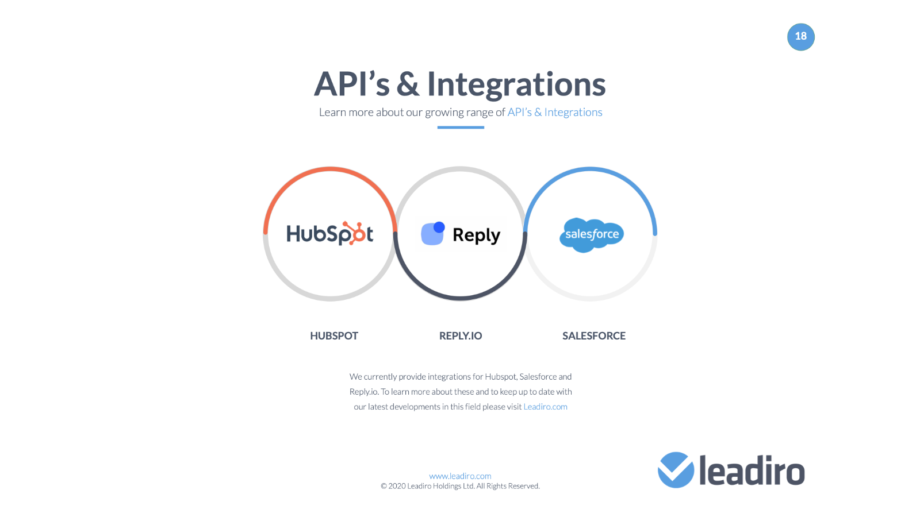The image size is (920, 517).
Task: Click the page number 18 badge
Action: point(800,37)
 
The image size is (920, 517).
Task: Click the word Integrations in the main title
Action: point(516,84)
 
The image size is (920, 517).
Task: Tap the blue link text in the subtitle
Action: point(554,112)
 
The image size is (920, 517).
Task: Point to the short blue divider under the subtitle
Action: point(461,127)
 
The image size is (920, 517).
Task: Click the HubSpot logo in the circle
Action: point(330,233)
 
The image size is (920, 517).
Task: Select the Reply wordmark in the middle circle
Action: point(477,236)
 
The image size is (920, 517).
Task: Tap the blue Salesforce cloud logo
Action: point(592,235)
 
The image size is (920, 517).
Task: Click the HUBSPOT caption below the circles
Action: point(334,335)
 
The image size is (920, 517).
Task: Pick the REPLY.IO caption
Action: point(461,335)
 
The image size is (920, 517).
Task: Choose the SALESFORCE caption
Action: point(594,335)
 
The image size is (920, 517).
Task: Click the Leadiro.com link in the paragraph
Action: point(546,407)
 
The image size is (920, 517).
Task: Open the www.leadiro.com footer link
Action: point(460,476)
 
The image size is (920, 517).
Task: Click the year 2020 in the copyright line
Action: point(397,486)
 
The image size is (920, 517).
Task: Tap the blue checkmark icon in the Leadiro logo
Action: point(676,470)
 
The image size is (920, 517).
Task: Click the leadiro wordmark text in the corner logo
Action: point(752,470)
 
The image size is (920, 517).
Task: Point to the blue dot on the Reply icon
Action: point(439,227)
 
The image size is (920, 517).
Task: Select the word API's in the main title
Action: point(351,84)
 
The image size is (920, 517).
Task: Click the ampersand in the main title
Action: point(408,84)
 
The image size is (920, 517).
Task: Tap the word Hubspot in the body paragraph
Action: point(500,377)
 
